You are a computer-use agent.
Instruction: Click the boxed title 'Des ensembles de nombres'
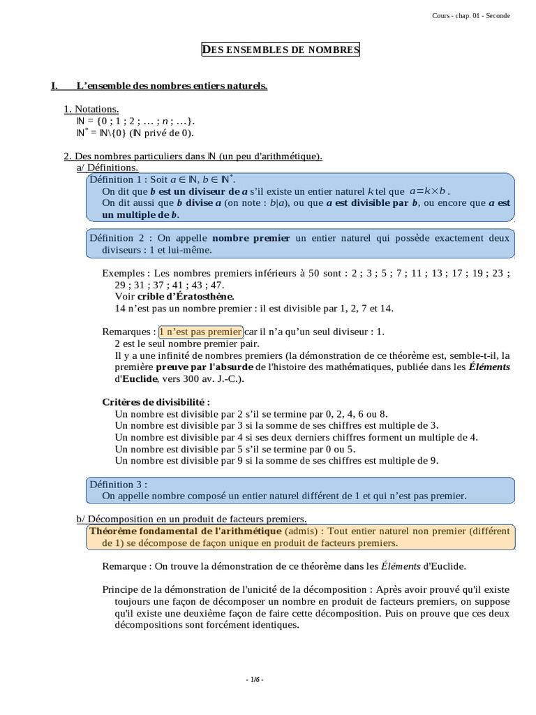click(x=281, y=50)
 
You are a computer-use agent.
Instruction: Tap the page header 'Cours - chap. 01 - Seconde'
click(x=471, y=16)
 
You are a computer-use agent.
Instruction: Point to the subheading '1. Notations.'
click(x=91, y=109)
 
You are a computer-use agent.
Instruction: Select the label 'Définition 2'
click(x=117, y=238)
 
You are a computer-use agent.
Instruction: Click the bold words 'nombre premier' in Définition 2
click(x=251, y=238)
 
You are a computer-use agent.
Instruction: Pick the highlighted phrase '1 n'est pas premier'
click(x=201, y=332)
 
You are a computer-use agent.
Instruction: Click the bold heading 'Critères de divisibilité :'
click(x=156, y=402)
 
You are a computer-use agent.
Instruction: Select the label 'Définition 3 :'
click(x=118, y=484)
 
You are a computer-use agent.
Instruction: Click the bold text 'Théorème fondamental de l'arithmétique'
click(x=184, y=531)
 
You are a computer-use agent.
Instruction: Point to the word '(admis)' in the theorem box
click(x=300, y=531)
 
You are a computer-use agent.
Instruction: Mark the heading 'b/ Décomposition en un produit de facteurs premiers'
click(x=191, y=519)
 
